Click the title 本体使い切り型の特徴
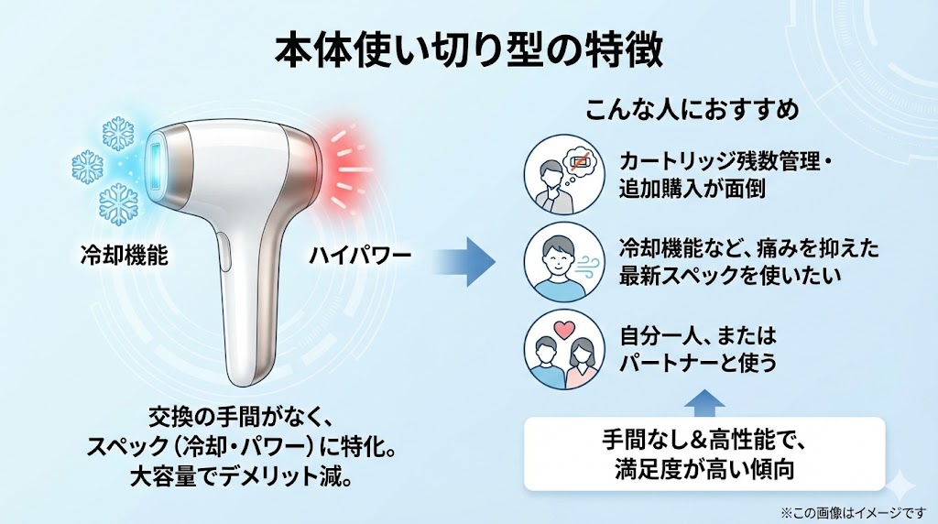coord(468,51)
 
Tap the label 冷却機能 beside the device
coord(123,256)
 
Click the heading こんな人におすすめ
coord(693,110)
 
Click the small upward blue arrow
coord(703,401)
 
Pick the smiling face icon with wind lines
coord(559,260)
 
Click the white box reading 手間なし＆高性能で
coord(703,453)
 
